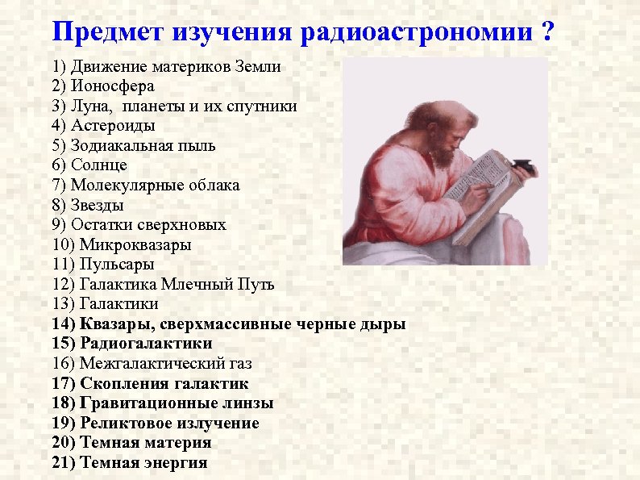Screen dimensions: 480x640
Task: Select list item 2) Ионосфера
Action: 102,86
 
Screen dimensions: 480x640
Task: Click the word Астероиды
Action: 113,126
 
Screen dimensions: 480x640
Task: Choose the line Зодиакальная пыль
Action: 143,146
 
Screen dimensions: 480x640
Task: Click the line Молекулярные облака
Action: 155,186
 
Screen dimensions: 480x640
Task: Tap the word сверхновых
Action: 187,225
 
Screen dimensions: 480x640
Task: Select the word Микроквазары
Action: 135,244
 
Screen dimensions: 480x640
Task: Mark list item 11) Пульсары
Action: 102,265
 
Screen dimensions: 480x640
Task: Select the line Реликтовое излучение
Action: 169,424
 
